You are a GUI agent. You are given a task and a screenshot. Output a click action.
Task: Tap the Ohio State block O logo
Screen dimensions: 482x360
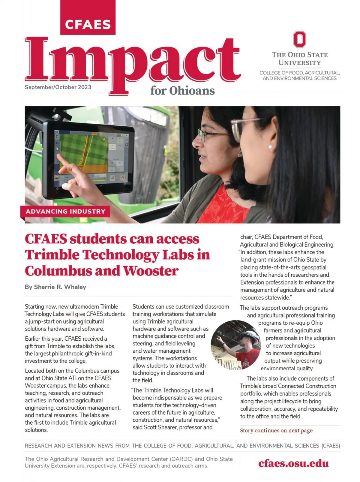pos(299,39)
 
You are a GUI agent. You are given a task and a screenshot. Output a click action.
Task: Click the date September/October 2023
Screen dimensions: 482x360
pos(58,87)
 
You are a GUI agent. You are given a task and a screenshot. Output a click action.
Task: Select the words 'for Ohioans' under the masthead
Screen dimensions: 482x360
pos(182,91)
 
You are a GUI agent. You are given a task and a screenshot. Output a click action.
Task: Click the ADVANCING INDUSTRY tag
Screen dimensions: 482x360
pos(65,211)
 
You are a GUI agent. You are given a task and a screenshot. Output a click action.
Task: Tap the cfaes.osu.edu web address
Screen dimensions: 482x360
pos(293,463)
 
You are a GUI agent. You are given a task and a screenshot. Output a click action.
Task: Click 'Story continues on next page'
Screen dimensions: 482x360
pos(276,430)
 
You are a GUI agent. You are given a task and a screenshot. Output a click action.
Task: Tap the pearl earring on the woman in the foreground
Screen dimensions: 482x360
pos(270,147)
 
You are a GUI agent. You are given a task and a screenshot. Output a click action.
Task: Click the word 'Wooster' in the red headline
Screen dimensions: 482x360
pos(151,271)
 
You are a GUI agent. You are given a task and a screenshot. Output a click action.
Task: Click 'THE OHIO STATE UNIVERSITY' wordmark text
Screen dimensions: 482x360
pos(299,59)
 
